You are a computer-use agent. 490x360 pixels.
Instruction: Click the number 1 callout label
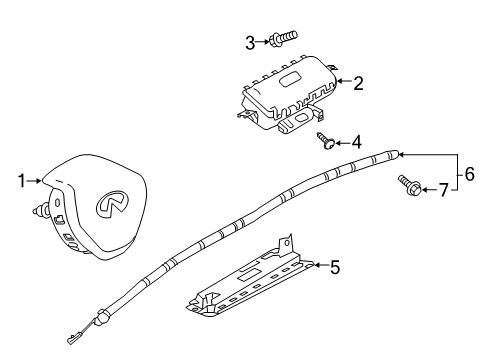(20, 181)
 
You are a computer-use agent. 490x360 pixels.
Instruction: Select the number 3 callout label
(250, 41)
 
